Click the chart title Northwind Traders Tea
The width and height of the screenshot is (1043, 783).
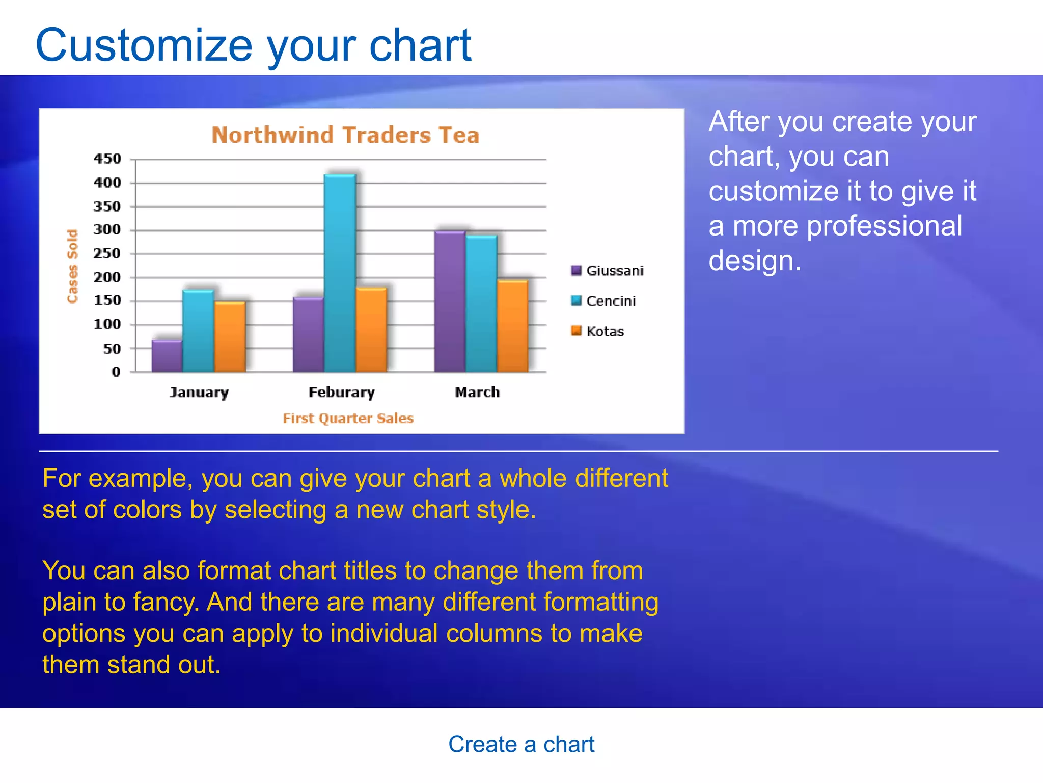345,135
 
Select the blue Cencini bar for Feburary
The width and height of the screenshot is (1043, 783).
340,273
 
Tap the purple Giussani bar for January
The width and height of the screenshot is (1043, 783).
167,355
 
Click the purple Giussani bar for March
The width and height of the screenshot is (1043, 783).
450,301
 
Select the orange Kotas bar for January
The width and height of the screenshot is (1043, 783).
230,336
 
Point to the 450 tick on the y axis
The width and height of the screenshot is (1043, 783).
107,159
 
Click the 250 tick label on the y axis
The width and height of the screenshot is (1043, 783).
107,253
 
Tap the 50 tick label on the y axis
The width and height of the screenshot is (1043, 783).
112,349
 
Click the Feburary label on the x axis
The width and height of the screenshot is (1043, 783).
342,393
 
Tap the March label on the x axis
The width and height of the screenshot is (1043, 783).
477,393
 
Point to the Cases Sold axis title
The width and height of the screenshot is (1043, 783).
72,266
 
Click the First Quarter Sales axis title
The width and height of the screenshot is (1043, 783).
348,419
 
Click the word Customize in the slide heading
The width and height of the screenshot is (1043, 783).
144,46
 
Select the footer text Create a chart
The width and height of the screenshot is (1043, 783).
521,744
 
